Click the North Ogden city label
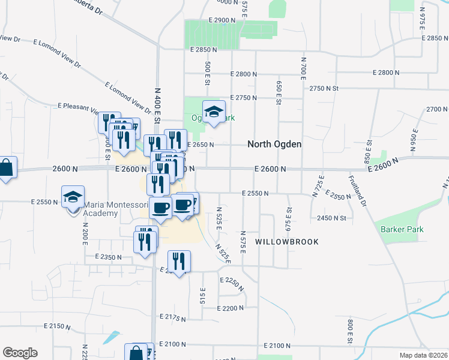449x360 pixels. (274, 145)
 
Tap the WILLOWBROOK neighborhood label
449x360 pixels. (286, 241)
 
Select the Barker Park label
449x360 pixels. (402, 229)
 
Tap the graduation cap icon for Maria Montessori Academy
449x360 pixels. (71, 196)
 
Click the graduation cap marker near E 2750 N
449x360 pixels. (213, 112)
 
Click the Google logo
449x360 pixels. (20, 353)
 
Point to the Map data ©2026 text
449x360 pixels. (424, 355)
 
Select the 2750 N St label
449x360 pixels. (325, 88)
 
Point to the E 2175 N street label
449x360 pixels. (173, 316)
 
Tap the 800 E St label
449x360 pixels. (349, 332)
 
